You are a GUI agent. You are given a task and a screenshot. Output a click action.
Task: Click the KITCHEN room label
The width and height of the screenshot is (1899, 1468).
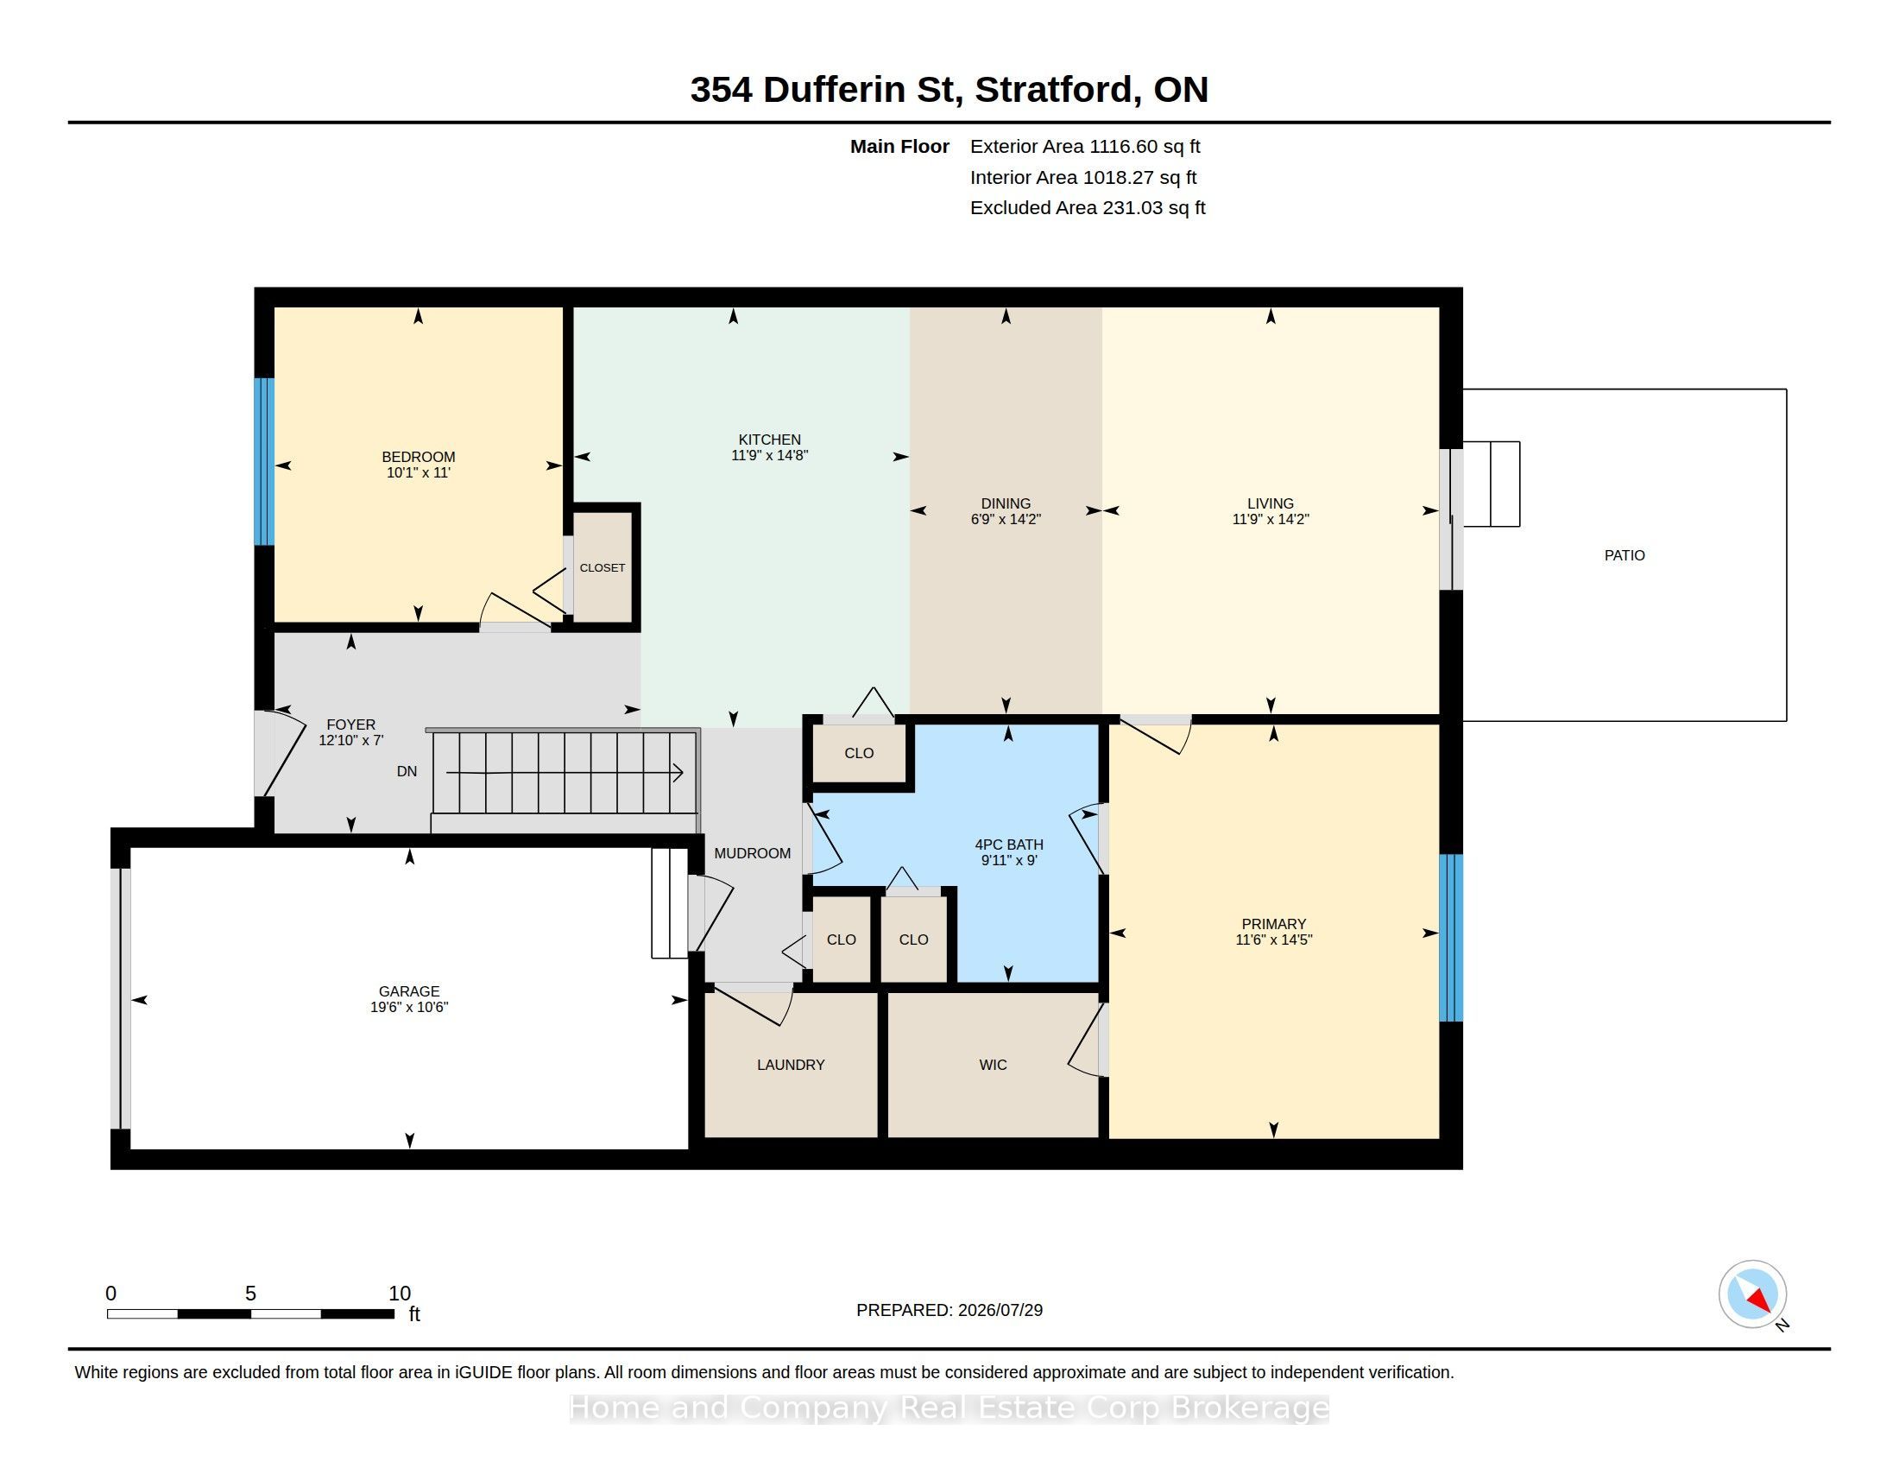[x=769, y=440]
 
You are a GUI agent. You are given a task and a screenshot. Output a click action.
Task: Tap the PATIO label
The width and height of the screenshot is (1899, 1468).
[x=1625, y=555]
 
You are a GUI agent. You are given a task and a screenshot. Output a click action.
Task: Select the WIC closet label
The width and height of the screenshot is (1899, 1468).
[x=993, y=1065]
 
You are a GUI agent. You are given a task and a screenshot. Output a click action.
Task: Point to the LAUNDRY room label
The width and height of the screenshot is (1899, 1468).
[x=791, y=1065]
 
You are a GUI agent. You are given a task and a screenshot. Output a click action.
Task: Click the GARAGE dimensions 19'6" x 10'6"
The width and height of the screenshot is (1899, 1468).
[x=408, y=1007]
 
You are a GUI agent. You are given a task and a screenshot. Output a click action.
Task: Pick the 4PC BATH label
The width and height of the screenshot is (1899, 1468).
[x=1008, y=845]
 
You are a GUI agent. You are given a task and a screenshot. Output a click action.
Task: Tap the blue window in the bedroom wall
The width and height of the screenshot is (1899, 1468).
[x=264, y=461]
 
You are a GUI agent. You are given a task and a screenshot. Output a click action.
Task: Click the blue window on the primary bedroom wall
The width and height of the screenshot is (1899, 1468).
[x=1451, y=938]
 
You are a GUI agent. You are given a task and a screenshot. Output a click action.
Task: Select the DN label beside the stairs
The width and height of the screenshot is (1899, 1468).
[x=407, y=771]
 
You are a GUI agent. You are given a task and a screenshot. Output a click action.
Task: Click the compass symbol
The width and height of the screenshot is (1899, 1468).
[x=1752, y=1294]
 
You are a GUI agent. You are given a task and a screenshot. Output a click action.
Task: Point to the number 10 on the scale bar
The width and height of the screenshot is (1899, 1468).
[x=399, y=1294]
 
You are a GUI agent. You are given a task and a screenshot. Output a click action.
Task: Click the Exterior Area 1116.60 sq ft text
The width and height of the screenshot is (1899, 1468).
[x=1085, y=146]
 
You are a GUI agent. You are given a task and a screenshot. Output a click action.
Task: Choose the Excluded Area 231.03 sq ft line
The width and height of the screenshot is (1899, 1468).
[x=1088, y=207]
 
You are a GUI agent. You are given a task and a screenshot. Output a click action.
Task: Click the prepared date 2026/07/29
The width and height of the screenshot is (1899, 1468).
[x=1000, y=1310]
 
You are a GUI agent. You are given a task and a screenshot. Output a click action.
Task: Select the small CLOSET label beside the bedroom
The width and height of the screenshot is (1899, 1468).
[x=603, y=568]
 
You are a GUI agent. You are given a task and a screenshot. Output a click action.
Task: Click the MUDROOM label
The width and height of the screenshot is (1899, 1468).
[x=752, y=853]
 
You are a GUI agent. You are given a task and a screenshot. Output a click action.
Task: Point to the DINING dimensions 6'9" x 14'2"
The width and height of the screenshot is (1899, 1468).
[x=1006, y=519]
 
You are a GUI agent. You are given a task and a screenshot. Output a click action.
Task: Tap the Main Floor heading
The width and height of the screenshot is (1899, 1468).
[x=899, y=146]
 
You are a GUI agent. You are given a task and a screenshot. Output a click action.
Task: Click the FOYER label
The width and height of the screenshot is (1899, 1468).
[x=351, y=725]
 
